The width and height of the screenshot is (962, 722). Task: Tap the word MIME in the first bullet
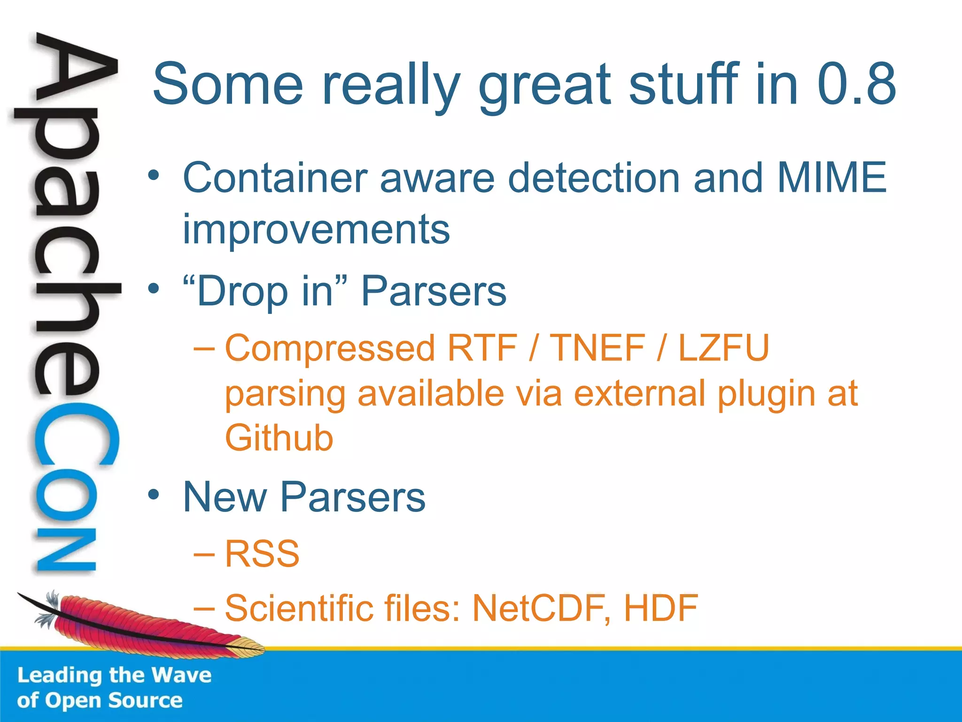pos(831,178)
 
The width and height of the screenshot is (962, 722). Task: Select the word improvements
pos(316,230)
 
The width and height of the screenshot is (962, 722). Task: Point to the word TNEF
pos(597,348)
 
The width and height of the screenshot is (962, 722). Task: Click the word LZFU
pos(723,348)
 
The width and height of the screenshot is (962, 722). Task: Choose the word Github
pos(279,438)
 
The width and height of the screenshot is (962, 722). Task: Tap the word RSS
pos(262,554)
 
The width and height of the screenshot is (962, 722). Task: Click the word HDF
pos(660,608)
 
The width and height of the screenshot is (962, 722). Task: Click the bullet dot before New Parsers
pos(154,495)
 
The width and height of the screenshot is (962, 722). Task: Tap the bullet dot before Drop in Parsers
pos(154,288)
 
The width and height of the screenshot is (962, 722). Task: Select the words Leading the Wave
pos(114,675)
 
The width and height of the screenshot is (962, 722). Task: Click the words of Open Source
pos(100,701)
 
